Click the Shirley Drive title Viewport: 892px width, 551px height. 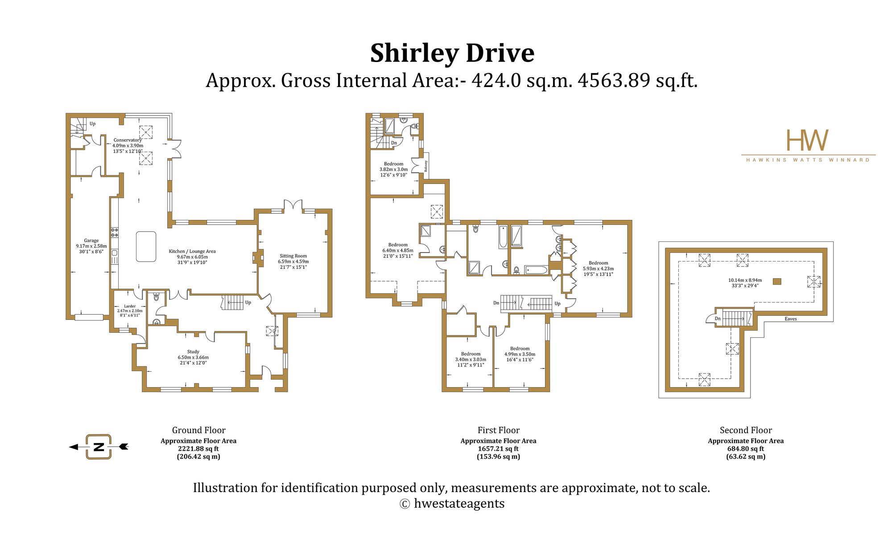click(x=452, y=53)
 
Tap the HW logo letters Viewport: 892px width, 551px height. click(x=807, y=140)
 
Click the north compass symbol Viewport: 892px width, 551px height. click(x=99, y=447)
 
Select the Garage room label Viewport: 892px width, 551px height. click(x=91, y=240)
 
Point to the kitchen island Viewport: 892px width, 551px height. click(x=146, y=246)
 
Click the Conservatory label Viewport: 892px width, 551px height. click(x=128, y=140)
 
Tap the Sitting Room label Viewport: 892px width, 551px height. click(x=293, y=256)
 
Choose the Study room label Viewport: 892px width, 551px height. click(x=193, y=352)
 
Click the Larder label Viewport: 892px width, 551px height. click(x=130, y=307)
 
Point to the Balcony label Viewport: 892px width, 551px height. click(x=426, y=166)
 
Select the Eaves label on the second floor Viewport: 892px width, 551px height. click(x=791, y=319)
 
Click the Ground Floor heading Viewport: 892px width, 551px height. click(x=199, y=430)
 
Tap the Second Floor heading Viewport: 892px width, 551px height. click(x=746, y=430)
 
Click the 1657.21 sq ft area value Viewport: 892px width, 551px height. click(x=498, y=449)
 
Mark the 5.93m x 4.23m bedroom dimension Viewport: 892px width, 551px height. click(x=598, y=269)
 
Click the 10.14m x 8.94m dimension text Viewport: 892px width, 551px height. click(x=745, y=280)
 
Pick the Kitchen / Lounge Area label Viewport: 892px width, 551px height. click(x=192, y=251)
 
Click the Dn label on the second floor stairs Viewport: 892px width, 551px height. click(x=718, y=319)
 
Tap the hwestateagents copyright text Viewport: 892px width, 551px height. click(x=452, y=503)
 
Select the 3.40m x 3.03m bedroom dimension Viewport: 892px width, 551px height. click(x=471, y=359)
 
